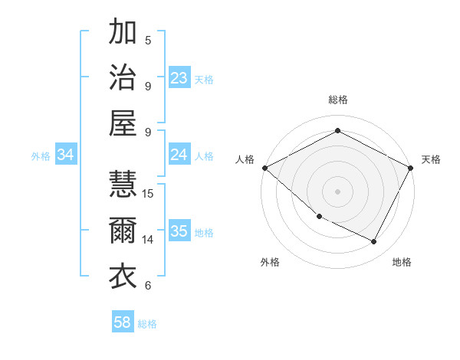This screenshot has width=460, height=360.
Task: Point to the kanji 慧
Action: point(123,184)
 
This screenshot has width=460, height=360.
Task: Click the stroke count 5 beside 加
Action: point(148,40)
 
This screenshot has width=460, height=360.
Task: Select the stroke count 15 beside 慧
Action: point(149,193)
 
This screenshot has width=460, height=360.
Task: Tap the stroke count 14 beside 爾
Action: point(149,239)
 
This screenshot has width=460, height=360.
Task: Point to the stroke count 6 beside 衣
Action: point(148,286)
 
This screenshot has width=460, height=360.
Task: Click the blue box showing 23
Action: point(179,78)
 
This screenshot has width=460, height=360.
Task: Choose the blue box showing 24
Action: point(179,155)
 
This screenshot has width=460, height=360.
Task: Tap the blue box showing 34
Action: point(65,155)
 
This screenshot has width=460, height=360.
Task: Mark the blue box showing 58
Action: point(123,323)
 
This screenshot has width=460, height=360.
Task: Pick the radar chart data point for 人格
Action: point(264,168)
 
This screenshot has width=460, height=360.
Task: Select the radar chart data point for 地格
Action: point(374,242)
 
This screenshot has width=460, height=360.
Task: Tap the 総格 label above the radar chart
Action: point(338,100)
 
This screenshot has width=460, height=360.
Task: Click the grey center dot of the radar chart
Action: point(338,191)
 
